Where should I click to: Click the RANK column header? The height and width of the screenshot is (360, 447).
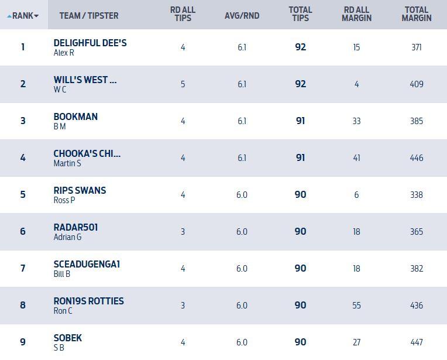click(x=23, y=16)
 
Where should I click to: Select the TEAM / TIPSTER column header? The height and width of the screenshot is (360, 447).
click(x=88, y=16)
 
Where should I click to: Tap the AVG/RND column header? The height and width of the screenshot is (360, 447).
click(x=242, y=16)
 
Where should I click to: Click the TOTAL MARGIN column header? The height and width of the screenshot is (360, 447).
click(x=417, y=14)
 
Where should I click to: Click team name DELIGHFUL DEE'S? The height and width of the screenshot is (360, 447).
click(x=90, y=43)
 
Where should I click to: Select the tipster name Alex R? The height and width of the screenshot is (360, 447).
click(x=64, y=53)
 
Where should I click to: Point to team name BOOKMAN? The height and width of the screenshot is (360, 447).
click(x=75, y=117)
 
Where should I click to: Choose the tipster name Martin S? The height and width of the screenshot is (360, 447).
click(x=67, y=163)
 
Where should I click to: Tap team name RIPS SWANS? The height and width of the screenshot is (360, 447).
click(x=80, y=191)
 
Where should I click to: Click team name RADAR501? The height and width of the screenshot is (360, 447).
click(x=75, y=228)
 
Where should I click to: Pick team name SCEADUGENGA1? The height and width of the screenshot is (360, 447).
click(x=87, y=265)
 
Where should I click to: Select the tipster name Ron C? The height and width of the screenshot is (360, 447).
click(x=63, y=311)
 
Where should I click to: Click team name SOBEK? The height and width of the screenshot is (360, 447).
click(x=68, y=338)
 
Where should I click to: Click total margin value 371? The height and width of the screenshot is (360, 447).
click(x=417, y=47)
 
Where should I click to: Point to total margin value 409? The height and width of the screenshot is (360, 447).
click(x=417, y=84)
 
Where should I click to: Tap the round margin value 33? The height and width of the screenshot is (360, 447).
click(x=356, y=121)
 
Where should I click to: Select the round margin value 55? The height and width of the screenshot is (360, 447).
click(x=356, y=306)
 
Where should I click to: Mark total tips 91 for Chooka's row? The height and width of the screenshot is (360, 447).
click(x=300, y=158)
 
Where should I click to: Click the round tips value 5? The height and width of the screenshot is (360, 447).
click(x=183, y=84)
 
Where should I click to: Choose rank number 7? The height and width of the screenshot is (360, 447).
click(x=23, y=269)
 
